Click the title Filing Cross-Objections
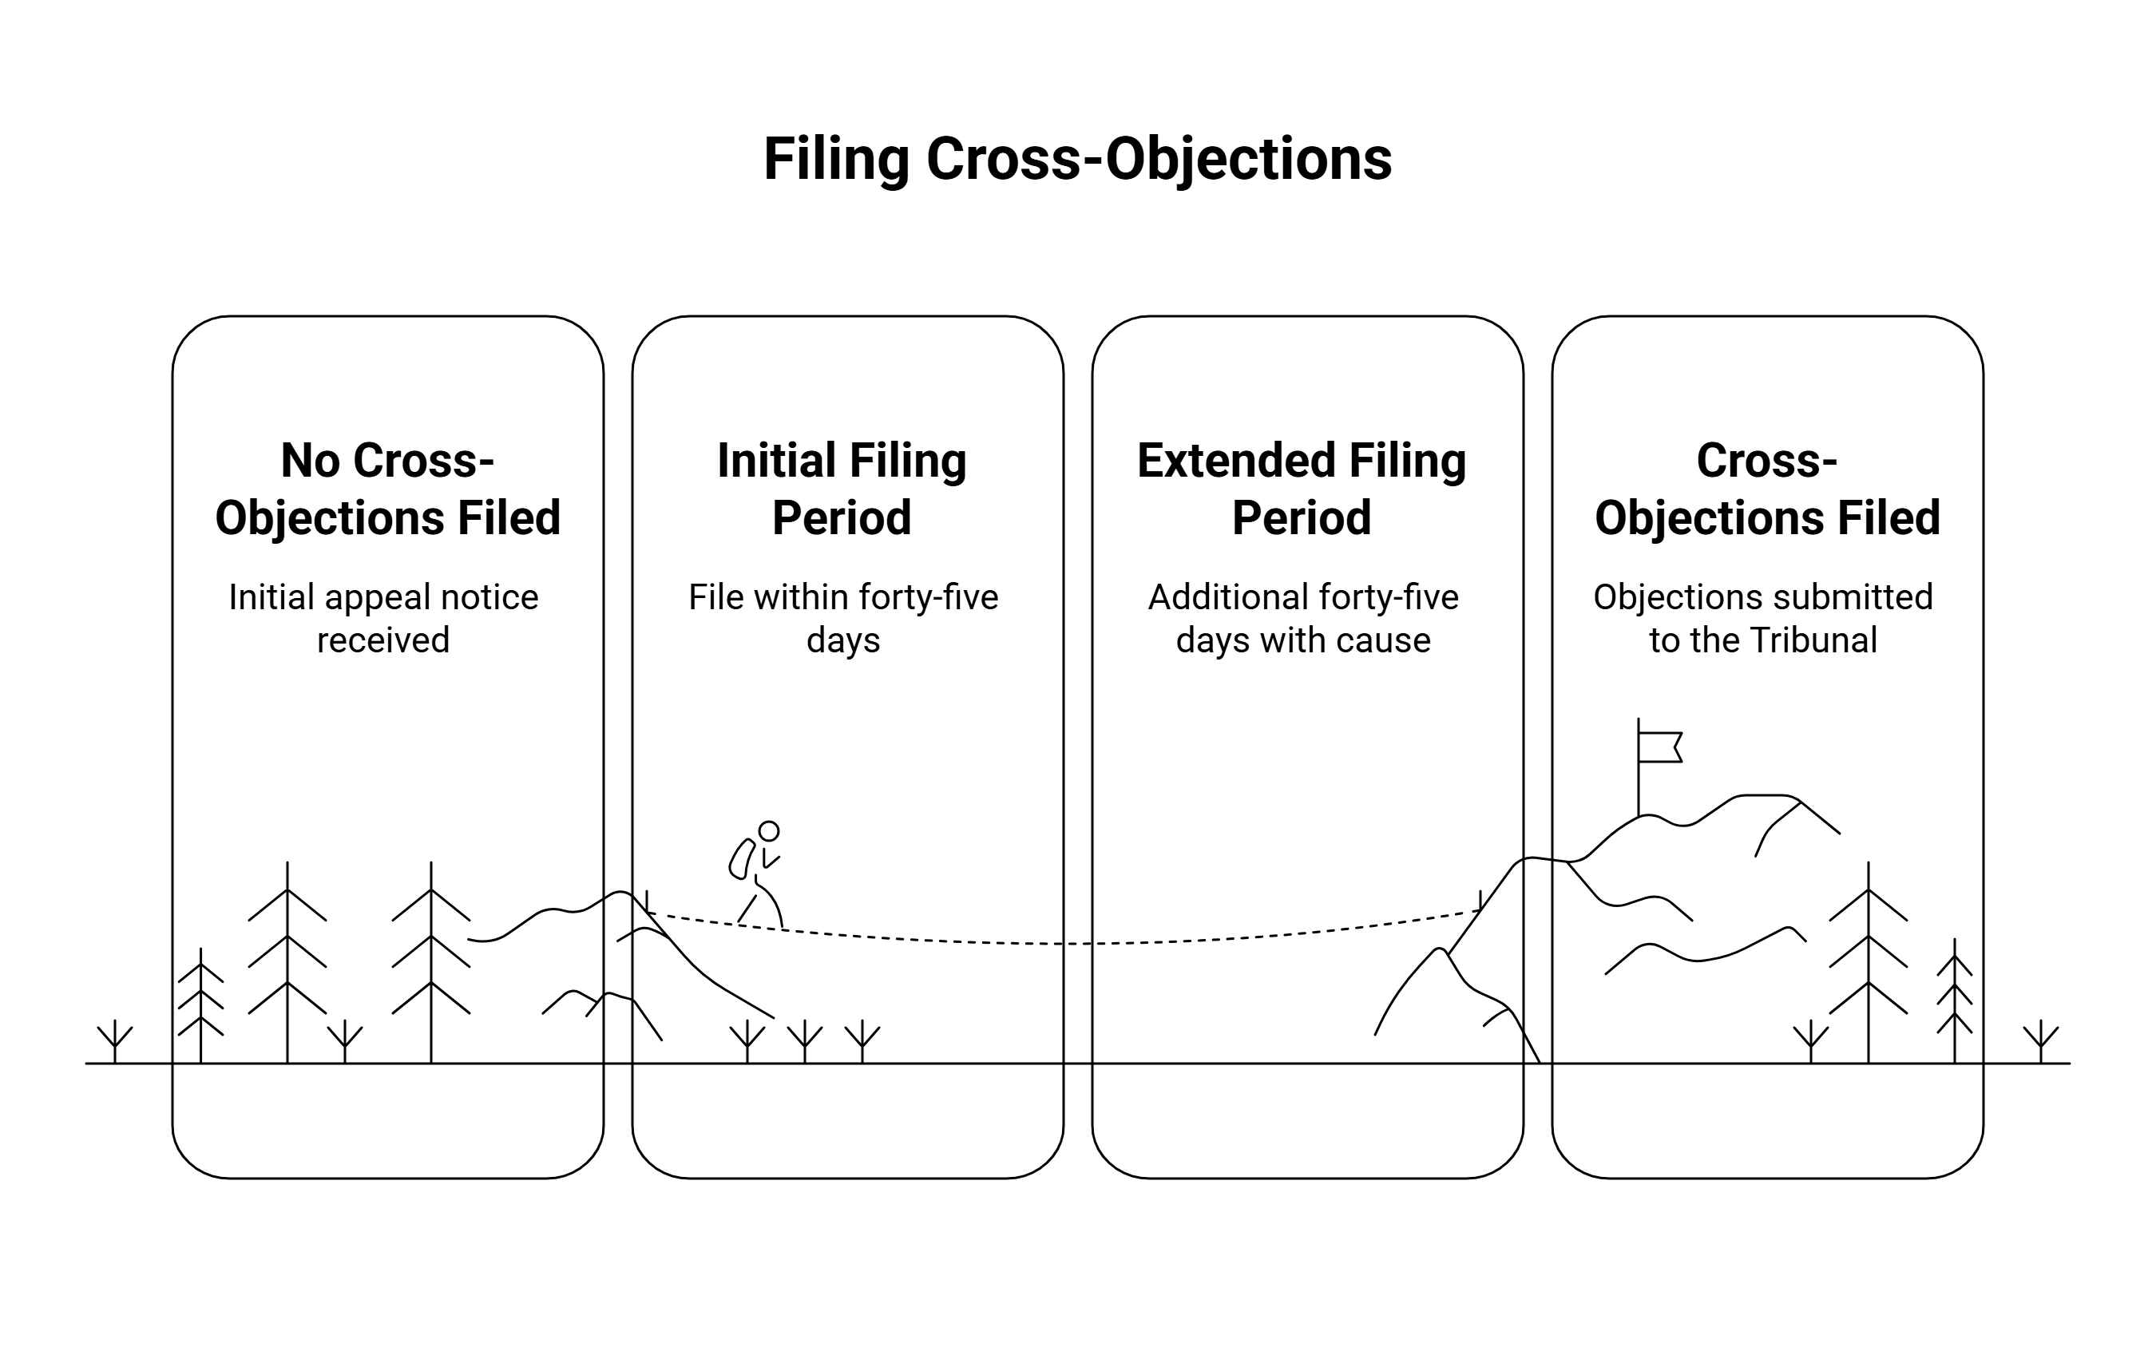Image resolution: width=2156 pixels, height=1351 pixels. pos(1077,159)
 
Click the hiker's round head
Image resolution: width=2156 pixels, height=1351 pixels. pos(768,831)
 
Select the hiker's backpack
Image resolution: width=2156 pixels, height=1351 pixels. pos(741,858)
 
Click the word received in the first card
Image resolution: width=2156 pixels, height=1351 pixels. pos(383,640)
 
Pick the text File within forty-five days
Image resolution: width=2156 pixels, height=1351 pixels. pos(842,617)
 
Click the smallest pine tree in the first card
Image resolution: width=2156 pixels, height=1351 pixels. pos(200,1005)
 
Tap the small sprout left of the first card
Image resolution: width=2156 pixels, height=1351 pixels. pos(114,1041)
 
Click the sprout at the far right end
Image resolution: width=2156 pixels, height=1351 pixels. pos(2041,1041)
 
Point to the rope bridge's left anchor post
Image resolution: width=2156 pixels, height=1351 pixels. pos(646,901)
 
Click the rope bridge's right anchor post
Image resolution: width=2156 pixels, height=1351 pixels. pos(1480,900)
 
